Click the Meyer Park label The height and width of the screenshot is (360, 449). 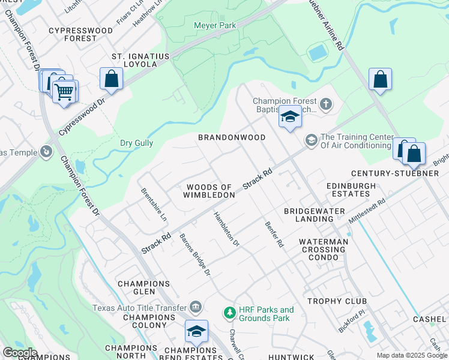214,25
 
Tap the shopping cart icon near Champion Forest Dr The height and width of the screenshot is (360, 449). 65,92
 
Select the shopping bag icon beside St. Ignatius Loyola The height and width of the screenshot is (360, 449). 111,78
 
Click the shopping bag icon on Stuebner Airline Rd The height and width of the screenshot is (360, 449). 380,79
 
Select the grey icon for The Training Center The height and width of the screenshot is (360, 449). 311,140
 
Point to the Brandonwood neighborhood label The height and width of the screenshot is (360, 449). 232,137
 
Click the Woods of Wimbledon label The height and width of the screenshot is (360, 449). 209,191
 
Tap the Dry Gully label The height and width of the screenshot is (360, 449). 136,143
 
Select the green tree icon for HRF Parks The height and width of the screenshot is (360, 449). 229,313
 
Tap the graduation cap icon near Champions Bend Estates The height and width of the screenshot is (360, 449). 196,331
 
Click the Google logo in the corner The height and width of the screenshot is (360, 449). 20,352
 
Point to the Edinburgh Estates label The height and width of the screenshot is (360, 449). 348,190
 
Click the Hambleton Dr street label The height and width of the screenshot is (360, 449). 227,229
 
